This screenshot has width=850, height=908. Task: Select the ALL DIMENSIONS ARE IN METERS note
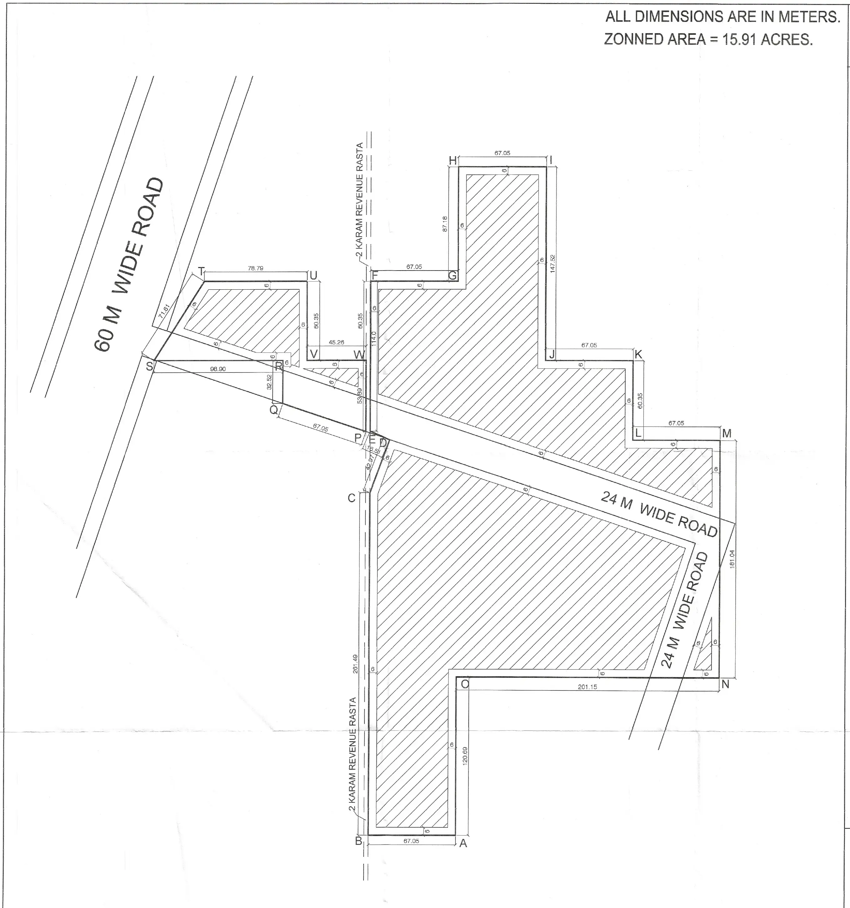coord(722,17)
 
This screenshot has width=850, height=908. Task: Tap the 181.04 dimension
coord(732,558)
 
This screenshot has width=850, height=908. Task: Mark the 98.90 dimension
coord(218,369)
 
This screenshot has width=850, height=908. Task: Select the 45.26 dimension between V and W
coord(336,342)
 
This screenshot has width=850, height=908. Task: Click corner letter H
coord(452,160)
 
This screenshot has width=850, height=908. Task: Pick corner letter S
coord(149,366)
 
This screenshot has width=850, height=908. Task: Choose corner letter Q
coord(273,410)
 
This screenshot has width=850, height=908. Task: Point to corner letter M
coord(727,433)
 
